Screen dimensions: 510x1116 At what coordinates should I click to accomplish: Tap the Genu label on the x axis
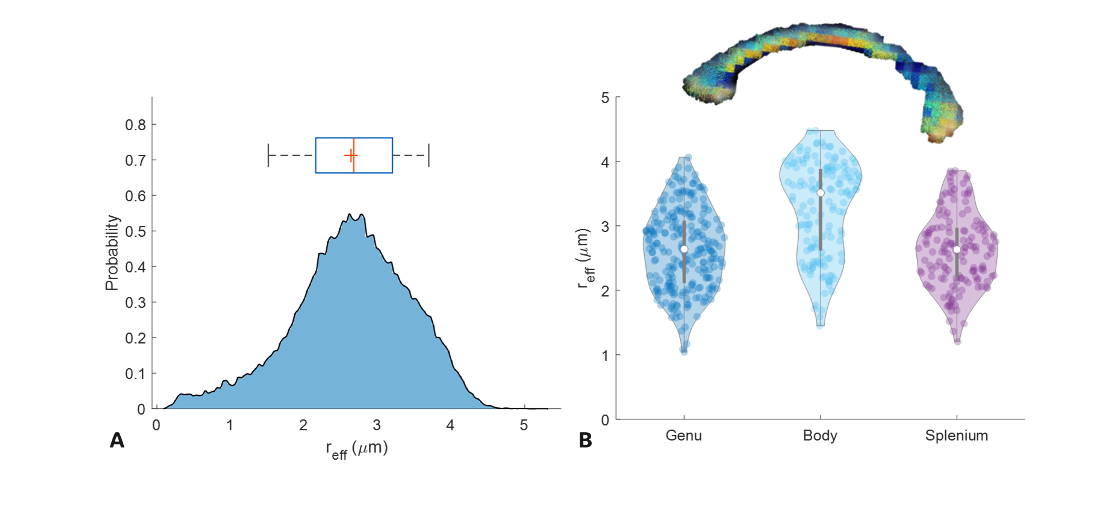(x=684, y=435)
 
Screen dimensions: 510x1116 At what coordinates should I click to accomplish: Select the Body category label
(x=820, y=435)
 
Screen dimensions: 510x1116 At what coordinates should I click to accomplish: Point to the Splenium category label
(x=956, y=435)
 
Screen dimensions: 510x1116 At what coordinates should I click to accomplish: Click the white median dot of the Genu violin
(x=684, y=249)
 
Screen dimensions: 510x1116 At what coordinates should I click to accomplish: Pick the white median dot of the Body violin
(x=820, y=193)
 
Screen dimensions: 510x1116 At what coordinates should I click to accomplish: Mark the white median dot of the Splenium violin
(x=956, y=249)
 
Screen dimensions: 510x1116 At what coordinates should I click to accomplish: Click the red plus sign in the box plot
(x=351, y=155)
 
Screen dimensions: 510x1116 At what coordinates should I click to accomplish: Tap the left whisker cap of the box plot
(x=269, y=155)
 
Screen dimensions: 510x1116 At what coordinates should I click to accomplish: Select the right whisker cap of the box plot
(x=429, y=155)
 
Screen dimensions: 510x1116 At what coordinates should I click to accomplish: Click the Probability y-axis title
(x=112, y=253)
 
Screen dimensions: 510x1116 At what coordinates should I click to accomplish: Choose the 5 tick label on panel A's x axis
(x=524, y=425)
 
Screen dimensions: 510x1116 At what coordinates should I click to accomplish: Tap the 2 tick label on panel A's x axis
(x=303, y=425)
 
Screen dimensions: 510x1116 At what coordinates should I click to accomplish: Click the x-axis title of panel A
(x=357, y=449)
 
